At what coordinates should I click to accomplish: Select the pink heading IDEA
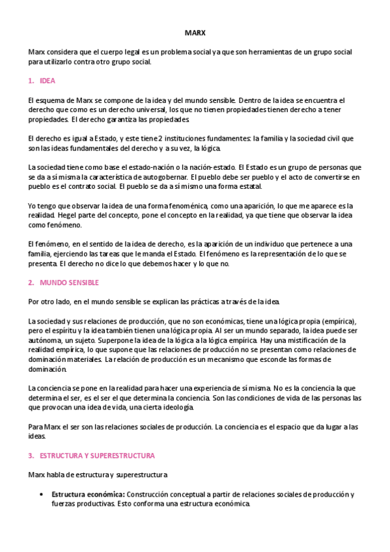click(x=48, y=81)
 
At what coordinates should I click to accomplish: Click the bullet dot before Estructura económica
click(x=42, y=494)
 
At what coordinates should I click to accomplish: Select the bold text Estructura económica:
click(x=89, y=494)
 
